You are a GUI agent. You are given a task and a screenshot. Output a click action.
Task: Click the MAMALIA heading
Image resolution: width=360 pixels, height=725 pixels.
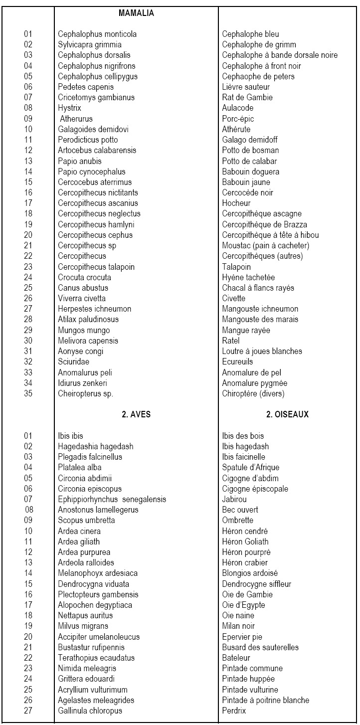[136, 13]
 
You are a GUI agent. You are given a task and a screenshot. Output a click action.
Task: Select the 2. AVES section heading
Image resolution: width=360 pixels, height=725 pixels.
[136, 414]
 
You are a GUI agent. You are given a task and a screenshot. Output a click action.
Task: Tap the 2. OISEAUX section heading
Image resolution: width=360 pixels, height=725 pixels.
[288, 414]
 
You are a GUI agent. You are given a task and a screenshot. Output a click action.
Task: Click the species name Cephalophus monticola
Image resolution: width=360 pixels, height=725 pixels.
[97, 34]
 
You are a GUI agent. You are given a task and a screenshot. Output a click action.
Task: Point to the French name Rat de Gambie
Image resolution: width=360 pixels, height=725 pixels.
[247, 98]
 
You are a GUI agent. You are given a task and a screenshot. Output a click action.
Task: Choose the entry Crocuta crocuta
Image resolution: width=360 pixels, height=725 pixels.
[84, 277]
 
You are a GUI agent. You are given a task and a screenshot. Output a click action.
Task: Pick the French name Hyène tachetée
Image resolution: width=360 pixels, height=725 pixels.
[248, 277]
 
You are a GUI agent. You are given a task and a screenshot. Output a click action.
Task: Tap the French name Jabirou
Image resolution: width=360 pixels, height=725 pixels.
[234, 500]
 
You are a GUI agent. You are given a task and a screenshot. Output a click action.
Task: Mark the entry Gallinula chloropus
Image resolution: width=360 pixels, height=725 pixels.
[90, 711]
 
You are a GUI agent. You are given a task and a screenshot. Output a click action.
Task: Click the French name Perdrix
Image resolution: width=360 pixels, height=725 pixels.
[234, 711]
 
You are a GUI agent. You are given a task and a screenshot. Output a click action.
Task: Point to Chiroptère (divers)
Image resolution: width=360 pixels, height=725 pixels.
[253, 393]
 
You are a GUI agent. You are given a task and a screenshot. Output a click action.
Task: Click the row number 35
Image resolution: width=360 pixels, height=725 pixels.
[28, 393]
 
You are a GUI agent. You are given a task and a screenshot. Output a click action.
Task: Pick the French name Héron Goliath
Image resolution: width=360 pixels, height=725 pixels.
[245, 542]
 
